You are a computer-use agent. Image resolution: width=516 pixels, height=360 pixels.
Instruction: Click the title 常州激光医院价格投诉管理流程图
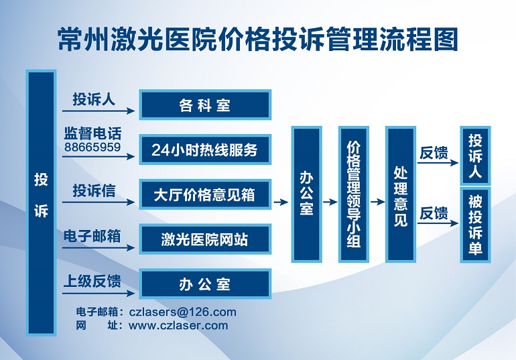click(258, 40)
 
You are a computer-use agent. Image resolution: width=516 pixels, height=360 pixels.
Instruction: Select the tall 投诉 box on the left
click(41, 202)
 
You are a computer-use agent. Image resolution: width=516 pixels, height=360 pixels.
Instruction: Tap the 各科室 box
click(205, 105)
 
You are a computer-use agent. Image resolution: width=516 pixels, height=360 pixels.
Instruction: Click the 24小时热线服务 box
click(205, 149)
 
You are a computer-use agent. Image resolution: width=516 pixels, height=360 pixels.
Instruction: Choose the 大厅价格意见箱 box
click(205, 194)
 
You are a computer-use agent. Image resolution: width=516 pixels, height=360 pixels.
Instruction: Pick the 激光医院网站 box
click(205, 239)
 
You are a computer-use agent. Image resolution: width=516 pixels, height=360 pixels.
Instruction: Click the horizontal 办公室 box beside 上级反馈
click(205, 284)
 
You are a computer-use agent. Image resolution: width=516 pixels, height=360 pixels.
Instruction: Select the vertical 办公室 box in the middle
click(306, 194)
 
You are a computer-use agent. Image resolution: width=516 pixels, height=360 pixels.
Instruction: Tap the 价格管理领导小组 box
click(354, 194)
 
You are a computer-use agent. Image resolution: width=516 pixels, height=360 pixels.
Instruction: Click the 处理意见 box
click(401, 194)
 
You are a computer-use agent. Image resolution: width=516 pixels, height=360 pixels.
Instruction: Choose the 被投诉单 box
click(475, 225)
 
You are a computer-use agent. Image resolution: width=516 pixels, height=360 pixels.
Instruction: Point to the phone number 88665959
click(92, 147)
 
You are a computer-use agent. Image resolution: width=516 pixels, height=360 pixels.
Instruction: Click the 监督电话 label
click(92, 133)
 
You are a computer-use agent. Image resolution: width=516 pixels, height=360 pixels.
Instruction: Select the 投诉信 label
click(94, 190)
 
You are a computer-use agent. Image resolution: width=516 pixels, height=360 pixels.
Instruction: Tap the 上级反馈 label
click(92, 282)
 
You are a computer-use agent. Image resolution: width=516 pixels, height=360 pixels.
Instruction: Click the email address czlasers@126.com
click(183, 312)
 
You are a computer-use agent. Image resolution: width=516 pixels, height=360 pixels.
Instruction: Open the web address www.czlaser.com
click(178, 325)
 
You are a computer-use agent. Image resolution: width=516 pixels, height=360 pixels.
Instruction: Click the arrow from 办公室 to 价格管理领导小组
click(330, 201)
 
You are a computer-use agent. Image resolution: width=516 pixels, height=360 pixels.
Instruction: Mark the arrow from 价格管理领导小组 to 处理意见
click(378, 201)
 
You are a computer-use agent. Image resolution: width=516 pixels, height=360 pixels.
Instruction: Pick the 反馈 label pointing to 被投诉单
click(434, 214)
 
